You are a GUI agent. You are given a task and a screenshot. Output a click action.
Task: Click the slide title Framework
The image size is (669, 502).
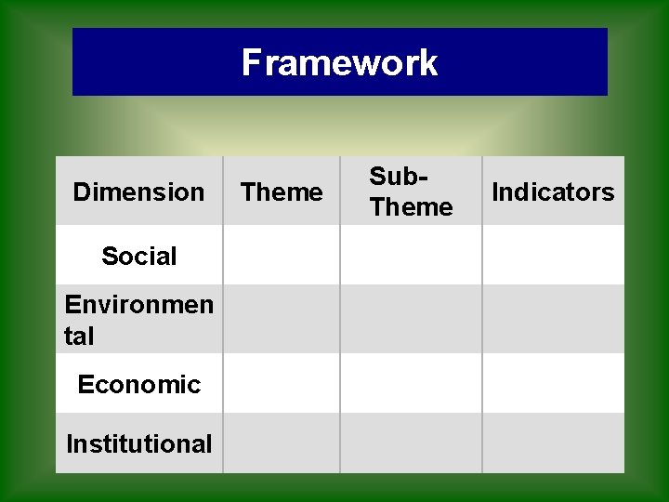pyautogui.click(x=339, y=62)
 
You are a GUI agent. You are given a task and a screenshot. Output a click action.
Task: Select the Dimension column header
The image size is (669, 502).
pyautogui.click(x=138, y=192)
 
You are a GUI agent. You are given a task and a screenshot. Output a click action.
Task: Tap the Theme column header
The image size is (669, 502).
pyautogui.click(x=282, y=192)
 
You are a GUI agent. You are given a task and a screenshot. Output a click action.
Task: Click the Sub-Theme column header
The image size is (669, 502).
pyautogui.click(x=411, y=192)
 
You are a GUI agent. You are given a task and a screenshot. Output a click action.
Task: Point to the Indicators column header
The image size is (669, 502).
pyautogui.click(x=553, y=192)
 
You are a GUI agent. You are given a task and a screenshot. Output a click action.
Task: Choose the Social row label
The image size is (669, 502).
pyautogui.click(x=138, y=256)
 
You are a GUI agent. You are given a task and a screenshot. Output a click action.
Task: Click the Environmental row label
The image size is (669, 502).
pyautogui.click(x=138, y=319)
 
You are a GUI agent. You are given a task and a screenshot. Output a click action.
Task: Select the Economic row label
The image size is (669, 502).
pyautogui.click(x=138, y=384)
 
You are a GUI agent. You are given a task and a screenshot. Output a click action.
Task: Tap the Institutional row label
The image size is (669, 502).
pyautogui.click(x=138, y=443)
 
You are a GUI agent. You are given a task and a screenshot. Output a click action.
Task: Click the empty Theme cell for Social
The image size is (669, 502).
pyautogui.click(x=282, y=256)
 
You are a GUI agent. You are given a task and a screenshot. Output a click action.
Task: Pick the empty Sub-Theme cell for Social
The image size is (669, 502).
pyautogui.click(x=411, y=256)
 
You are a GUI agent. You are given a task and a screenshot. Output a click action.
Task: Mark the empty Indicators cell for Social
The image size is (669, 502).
pyautogui.click(x=553, y=256)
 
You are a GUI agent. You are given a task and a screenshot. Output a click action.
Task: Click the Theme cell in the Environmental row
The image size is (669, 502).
pyautogui.click(x=282, y=319)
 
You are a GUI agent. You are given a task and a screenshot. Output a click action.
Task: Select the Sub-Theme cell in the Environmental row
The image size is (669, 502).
pyautogui.click(x=411, y=319)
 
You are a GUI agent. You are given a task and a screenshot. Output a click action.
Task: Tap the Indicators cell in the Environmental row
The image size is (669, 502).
pyautogui.click(x=553, y=319)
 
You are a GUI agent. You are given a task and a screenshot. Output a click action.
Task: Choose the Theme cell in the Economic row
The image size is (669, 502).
pyautogui.click(x=282, y=384)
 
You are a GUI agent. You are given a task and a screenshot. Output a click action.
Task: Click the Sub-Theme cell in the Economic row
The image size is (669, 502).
pyautogui.click(x=411, y=384)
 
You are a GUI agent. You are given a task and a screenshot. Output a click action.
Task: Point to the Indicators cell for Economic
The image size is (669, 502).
pyautogui.click(x=553, y=384)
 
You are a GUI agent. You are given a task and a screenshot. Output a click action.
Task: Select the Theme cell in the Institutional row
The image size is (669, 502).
pyautogui.click(x=282, y=443)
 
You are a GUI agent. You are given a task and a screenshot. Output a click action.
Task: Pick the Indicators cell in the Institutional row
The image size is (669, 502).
pyautogui.click(x=553, y=443)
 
